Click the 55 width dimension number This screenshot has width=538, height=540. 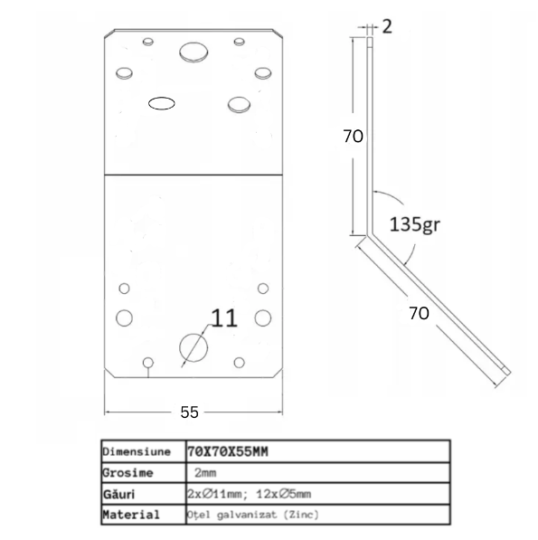(x=189, y=412)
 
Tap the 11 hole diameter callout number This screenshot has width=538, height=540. (x=224, y=317)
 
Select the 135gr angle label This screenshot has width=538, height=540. (x=415, y=224)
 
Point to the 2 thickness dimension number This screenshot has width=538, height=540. (x=387, y=26)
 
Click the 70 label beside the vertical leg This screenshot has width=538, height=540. (x=353, y=136)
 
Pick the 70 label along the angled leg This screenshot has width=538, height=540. (x=419, y=313)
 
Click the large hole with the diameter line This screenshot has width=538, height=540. (x=193, y=347)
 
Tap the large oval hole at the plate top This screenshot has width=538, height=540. (x=193, y=52)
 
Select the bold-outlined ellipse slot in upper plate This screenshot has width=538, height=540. (x=162, y=103)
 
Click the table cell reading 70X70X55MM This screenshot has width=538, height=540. (x=228, y=451)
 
